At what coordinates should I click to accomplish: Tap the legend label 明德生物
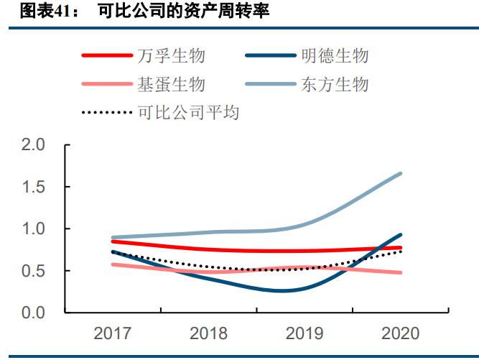(x=335, y=56)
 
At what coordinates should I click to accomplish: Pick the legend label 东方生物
(x=335, y=84)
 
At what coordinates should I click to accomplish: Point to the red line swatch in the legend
(x=106, y=56)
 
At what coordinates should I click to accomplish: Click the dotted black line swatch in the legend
(x=106, y=113)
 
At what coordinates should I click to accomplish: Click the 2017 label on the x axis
(x=113, y=333)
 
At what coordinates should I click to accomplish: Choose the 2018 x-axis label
(x=208, y=333)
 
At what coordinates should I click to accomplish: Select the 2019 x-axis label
(x=304, y=333)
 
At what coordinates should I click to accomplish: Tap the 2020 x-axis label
(x=401, y=333)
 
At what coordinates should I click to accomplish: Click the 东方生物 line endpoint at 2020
(x=401, y=173)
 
